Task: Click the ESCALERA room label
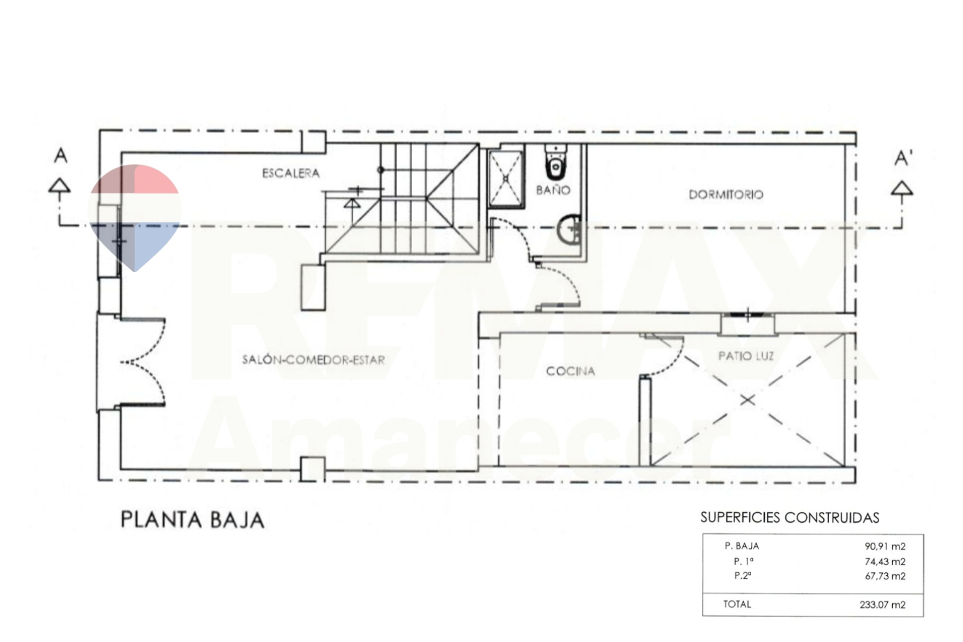pyautogui.click(x=291, y=173)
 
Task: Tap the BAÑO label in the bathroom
pyautogui.click(x=553, y=190)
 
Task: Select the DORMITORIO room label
pyautogui.click(x=726, y=195)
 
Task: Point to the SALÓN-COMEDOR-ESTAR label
pyautogui.click(x=313, y=359)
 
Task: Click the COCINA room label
pyautogui.click(x=570, y=371)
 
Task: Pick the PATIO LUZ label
pyautogui.click(x=746, y=356)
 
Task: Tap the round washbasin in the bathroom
pyautogui.click(x=568, y=231)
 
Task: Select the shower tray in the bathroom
pyautogui.click(x=506, y=178)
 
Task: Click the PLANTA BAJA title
pyautogui.click(x=192, y=520)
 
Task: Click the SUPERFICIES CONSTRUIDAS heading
pyautogui.click(x=790, y=518)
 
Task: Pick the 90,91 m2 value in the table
pyautogui.click(x=885, y=547)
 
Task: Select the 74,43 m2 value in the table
pyautogui.click(x=885, y=562)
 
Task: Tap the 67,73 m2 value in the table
pyautogui.click(x=885, y=576)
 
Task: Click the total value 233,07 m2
pyautogui.click(x=882, y=605)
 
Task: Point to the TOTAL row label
pyautogui.click(x=737, y=604)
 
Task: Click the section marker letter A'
pyautogui.click(x=903, y=159)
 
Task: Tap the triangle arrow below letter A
pyautogui.click(x=60, y=186)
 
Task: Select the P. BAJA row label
pyautogui.click(x=741, y=546)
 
